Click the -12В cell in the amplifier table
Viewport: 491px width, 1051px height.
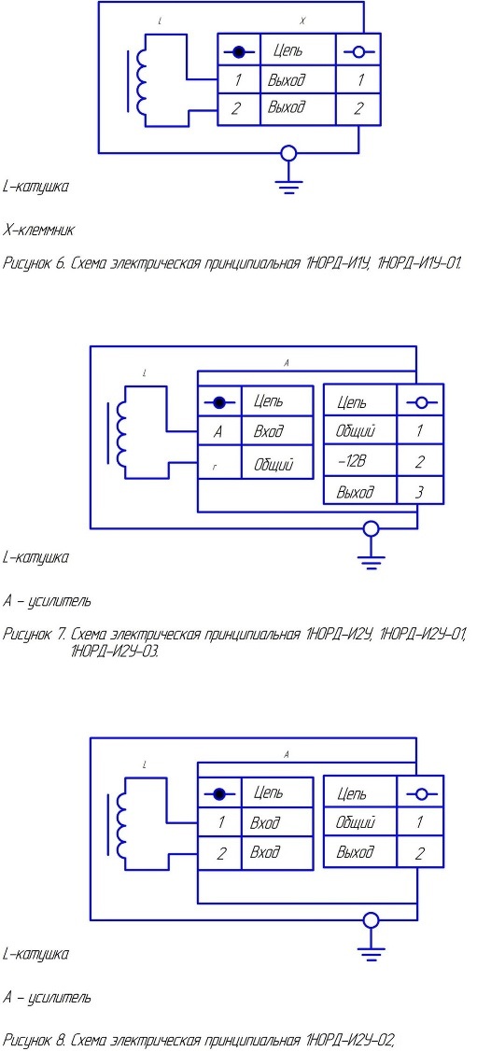(x=360, y=461)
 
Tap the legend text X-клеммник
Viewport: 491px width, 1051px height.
(x=39, y=231)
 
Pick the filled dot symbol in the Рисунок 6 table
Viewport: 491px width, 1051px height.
(x=240, y=51)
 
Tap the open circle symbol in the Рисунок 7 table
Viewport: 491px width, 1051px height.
(x=421, y=403)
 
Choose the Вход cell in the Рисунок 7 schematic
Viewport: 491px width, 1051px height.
(x=276, y=431)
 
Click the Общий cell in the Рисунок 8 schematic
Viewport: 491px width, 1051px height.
(x=360, y=822)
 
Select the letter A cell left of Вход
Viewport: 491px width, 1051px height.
(x=219, y=431)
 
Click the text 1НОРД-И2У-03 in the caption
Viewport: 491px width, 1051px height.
(x=114, y=651)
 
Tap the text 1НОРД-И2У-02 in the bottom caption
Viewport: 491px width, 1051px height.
(x=349, y=1041)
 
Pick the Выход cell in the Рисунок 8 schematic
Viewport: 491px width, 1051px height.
(x=360, y=852)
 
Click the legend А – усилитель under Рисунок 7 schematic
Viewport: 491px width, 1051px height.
(x=47, y=601)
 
